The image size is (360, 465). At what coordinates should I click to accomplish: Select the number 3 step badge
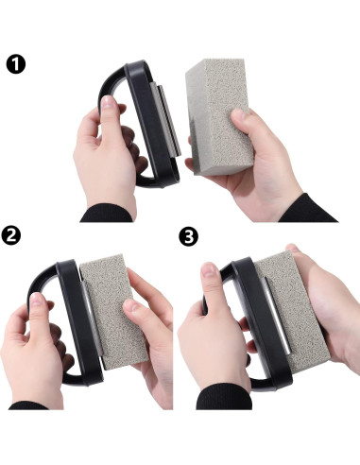(x=189, y=238)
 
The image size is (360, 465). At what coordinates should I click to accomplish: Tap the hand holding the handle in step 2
(x=33, y=350)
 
